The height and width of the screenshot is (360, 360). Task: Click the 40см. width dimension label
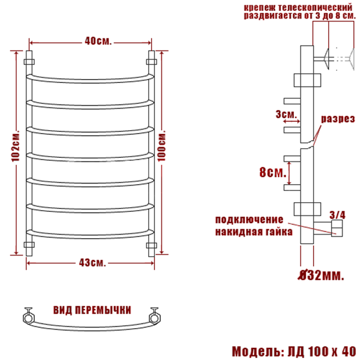coord(98,41)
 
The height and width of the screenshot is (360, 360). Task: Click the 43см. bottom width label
coord(92,263)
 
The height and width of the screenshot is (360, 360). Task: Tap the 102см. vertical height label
coord(16,146)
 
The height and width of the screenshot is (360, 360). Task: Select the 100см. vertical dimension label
coord(161,146)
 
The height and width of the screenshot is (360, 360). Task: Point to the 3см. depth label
coord(286,114)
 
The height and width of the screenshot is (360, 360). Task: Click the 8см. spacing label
coord(273,172)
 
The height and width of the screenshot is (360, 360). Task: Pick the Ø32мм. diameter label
coord(321,275)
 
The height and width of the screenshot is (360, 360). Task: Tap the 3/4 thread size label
coord(337,215)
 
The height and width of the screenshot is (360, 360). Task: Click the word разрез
coord(338,119)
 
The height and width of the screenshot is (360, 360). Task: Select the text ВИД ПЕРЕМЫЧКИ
coord(92,310)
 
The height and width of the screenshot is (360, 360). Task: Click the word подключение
coord(249,220)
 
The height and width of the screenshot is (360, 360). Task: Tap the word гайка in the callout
coord(279,232)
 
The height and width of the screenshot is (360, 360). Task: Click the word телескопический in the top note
coord(315,8)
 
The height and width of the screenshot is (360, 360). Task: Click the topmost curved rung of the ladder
coord(90,79)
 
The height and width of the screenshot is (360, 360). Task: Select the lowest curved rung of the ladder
coord(90,235)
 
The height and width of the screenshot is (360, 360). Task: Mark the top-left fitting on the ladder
coord(29,62)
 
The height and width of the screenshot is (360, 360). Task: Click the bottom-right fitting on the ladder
coord(152,245)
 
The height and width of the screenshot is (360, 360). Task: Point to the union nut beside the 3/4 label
coord(337,228)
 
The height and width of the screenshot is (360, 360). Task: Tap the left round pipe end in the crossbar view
coord(29,318)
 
